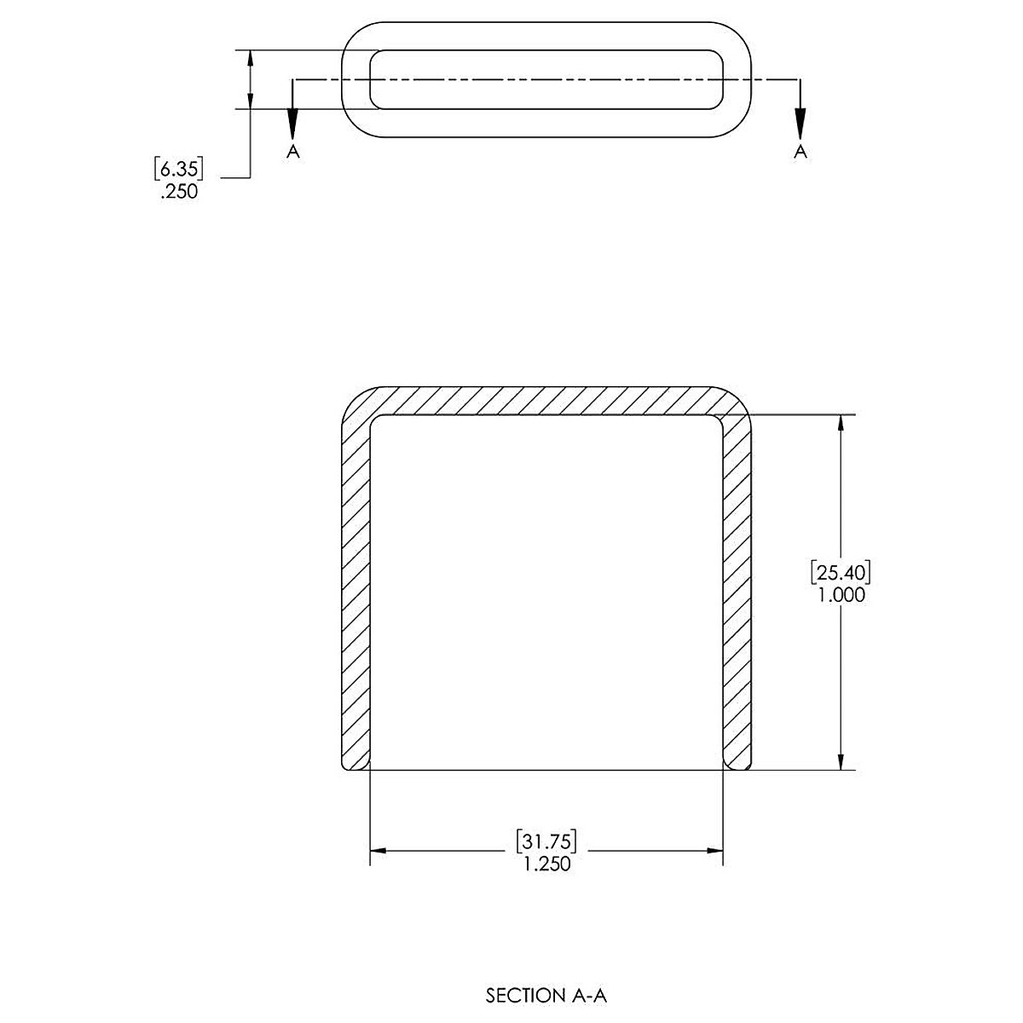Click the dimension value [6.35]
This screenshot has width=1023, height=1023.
[x=178, y=169]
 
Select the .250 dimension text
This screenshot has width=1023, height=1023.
[x=179, y=192]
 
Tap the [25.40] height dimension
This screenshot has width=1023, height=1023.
[x=841, y=573]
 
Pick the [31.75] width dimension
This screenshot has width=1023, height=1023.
[x=546, y=841]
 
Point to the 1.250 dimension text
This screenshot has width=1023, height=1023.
[x=546, y=864]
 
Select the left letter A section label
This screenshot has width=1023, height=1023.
[x=293, y=151]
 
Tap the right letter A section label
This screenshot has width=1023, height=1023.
[x=800, y=151]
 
